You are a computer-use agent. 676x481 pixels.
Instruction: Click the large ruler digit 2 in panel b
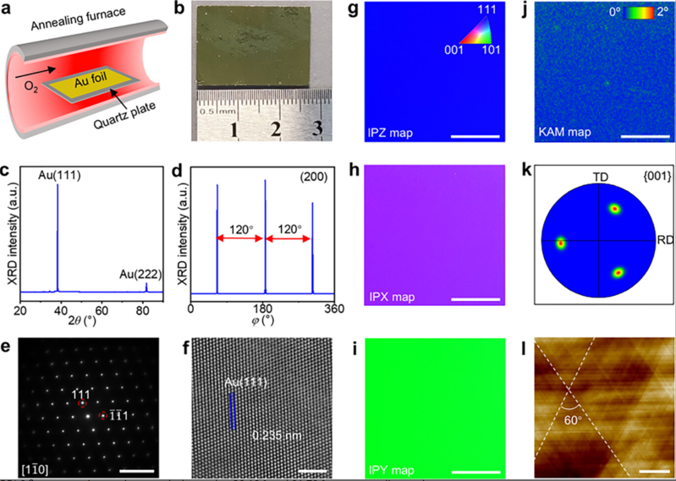[275, 129]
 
